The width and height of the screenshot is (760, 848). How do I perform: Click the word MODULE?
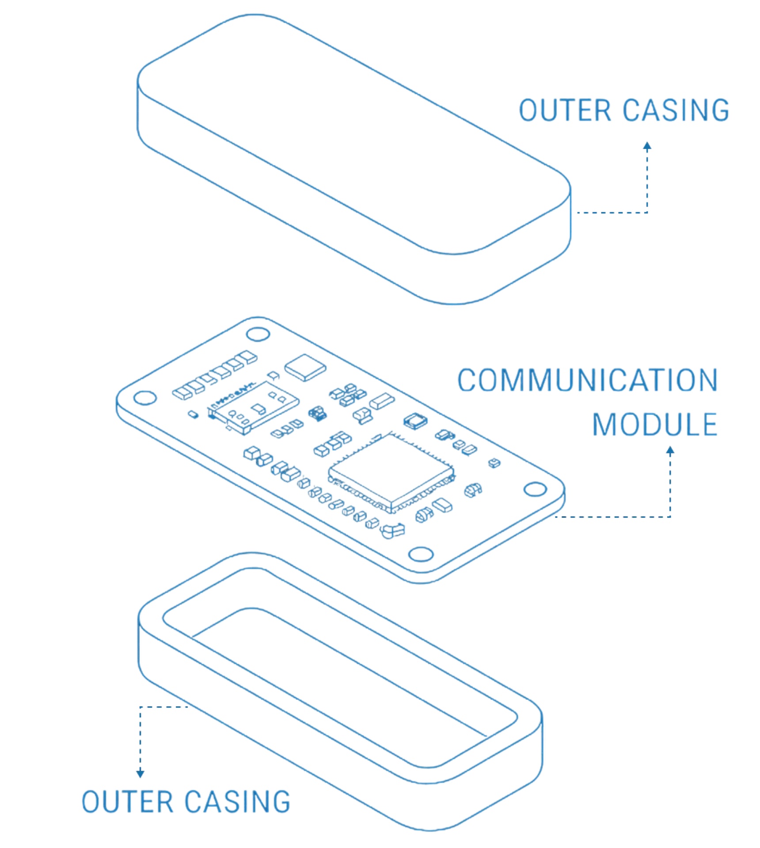pos(654,425)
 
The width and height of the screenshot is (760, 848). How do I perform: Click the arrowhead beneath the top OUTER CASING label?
pos(647,146)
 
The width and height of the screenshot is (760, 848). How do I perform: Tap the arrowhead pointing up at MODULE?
pos(670,451)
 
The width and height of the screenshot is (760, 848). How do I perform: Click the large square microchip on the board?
pos(391,471)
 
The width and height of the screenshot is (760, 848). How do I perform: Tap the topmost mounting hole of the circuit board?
pos(258,334)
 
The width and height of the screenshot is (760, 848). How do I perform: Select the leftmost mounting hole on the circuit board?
pos(145,398)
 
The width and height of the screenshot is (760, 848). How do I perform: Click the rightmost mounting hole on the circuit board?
pos(535,489)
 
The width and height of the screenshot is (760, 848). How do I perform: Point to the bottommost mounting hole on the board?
pos(421,554)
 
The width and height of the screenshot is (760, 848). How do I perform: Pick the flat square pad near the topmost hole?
pos(305,367)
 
